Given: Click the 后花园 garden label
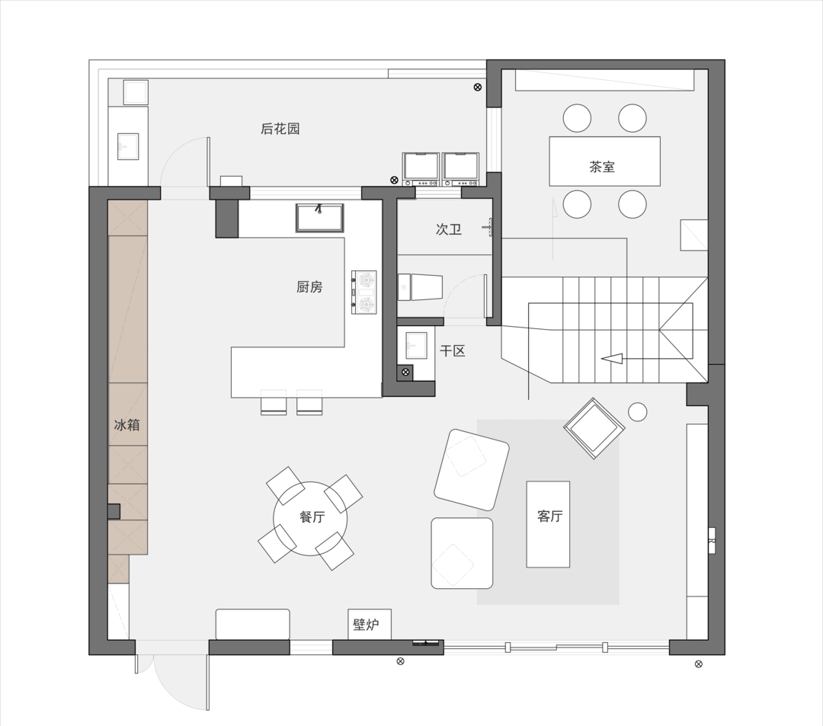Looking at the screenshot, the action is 280,129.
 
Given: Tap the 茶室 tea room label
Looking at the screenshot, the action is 601,167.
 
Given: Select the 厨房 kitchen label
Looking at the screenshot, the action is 309,287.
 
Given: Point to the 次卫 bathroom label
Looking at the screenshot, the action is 448,229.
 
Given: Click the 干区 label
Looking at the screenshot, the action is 453,351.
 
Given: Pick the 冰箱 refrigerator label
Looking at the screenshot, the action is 127,424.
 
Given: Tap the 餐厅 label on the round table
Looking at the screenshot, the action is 312,517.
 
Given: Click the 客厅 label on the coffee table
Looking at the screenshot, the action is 549,517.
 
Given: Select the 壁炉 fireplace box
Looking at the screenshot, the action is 370,624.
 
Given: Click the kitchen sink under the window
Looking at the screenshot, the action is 319,218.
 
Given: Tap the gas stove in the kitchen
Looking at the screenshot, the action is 363,293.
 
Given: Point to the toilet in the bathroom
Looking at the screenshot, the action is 420,287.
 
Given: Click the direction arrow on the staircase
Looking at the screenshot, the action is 612,359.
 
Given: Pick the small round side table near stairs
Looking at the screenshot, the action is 638,412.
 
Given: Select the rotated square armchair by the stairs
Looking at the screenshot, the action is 594,428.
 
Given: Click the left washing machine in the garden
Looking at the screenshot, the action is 421,169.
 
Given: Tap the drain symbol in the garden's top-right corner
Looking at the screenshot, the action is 477,87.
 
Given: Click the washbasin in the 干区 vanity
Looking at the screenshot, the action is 416,345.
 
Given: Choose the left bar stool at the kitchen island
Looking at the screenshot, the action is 274,402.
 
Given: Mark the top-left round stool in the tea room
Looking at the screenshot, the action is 577,118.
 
